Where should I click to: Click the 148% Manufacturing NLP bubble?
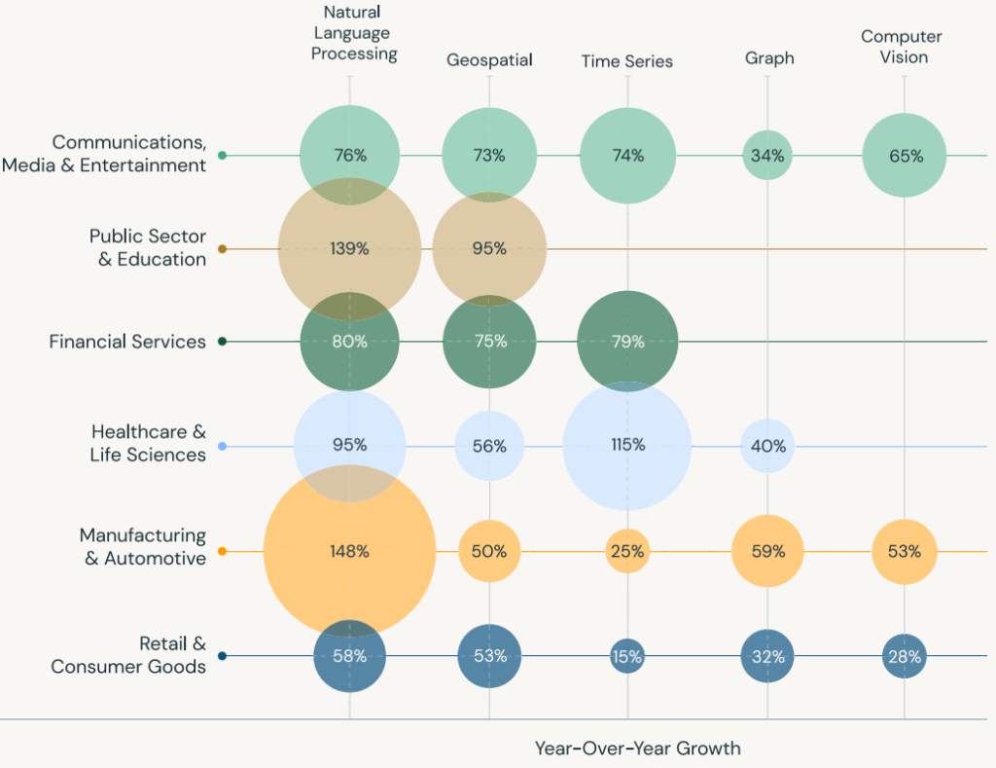coord(349,552)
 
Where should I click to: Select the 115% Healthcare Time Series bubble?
coord(627,446)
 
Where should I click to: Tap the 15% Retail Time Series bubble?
coord(627,657)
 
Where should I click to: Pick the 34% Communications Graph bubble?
coord(767,156)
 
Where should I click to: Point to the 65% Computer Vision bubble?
coord(905,156)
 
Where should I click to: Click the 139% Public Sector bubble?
coord(349,249)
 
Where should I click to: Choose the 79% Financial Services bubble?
coord(627,342)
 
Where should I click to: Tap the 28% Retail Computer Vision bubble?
coord(905,657)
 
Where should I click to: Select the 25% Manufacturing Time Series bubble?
coord(627,552)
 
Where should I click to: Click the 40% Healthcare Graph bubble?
coord(767,447)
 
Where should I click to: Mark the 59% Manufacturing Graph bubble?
coord(767,552)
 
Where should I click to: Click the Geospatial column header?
coord(489,60)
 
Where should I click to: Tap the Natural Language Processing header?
coord(354,33)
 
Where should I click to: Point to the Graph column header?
coord(769,58)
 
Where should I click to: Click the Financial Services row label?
coord(127,342)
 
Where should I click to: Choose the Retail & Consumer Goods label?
coord(128,655)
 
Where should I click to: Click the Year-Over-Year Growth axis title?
coord(637,749)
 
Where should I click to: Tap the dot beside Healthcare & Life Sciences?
coord(223,447)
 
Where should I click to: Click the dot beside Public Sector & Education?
coord(223,249)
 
